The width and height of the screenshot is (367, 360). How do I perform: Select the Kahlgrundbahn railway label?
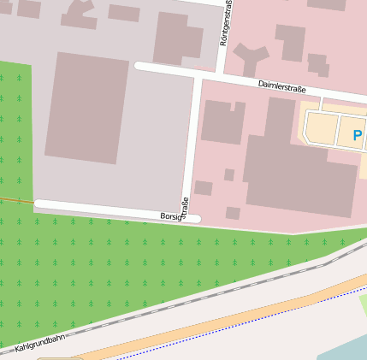(41, 344)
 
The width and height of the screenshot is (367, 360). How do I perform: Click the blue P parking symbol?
(357, 134)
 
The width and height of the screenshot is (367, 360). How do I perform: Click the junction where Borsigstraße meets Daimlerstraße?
(197, 75)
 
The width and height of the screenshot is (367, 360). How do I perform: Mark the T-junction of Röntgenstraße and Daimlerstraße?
(222, 71)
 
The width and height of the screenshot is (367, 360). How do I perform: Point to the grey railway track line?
(214, 291)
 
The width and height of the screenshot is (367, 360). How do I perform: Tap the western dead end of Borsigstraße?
(38, 204)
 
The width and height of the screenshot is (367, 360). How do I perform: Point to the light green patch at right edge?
(363, 304)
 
